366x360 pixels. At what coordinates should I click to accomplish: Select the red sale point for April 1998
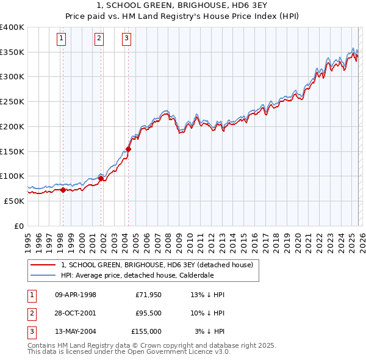click(63, 190)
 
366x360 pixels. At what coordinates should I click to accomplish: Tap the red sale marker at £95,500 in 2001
click(101, 178)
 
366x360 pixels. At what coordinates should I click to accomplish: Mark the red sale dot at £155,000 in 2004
click(128, 148)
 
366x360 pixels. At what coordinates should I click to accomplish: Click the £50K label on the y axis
click(15, 201)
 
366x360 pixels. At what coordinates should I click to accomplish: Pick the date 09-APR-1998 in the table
click(76, 295)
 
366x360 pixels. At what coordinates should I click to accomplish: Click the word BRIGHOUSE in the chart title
click(176, 5)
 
